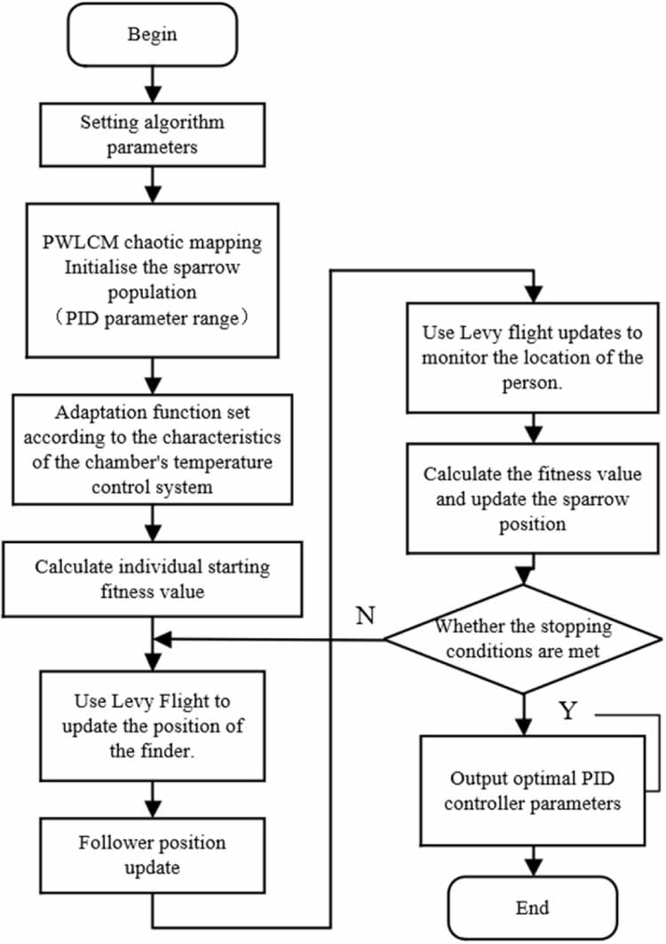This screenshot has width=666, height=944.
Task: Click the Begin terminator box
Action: point(153,35)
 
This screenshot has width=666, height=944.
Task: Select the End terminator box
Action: point(531,907)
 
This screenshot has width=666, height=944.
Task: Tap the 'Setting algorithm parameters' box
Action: point(153,134)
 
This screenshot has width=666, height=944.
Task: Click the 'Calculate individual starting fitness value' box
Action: point(153,578)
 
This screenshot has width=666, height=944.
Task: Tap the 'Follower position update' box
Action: point(153,853)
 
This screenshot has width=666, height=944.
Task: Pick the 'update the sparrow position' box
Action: point(531,500)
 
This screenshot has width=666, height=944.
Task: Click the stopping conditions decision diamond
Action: point(523,637)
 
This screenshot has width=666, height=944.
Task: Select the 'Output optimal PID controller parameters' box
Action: point(531,790)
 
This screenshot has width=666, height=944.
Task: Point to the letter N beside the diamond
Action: point(365,615)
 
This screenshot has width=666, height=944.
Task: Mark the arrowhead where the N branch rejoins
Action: point(161,638)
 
